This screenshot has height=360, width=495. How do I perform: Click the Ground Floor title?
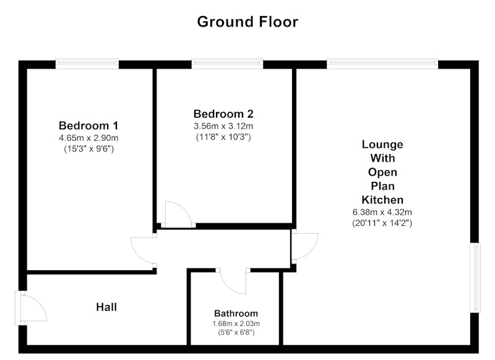(247, 22)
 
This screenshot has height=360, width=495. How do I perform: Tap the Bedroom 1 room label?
(88, 126)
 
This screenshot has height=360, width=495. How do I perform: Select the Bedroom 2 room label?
(223, 114)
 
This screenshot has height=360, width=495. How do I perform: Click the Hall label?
(106, 307)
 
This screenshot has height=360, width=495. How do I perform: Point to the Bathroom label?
(236, 314)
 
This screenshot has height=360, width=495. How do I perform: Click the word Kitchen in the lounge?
(382, 200)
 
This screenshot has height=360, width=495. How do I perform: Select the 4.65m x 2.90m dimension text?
(88, 138)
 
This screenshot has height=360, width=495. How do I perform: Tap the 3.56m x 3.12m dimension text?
(223, 126)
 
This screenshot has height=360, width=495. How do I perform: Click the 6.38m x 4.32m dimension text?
(382, 212)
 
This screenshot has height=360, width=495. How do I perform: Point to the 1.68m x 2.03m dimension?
(236, 324)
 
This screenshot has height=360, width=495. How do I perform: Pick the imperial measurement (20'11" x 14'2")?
(382, 223)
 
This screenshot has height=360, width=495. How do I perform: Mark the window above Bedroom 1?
(87, 64)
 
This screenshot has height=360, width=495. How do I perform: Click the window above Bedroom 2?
(227, 64)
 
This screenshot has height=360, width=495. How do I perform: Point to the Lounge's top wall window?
(382, 64)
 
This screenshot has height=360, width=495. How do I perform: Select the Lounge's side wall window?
(475, 278)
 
